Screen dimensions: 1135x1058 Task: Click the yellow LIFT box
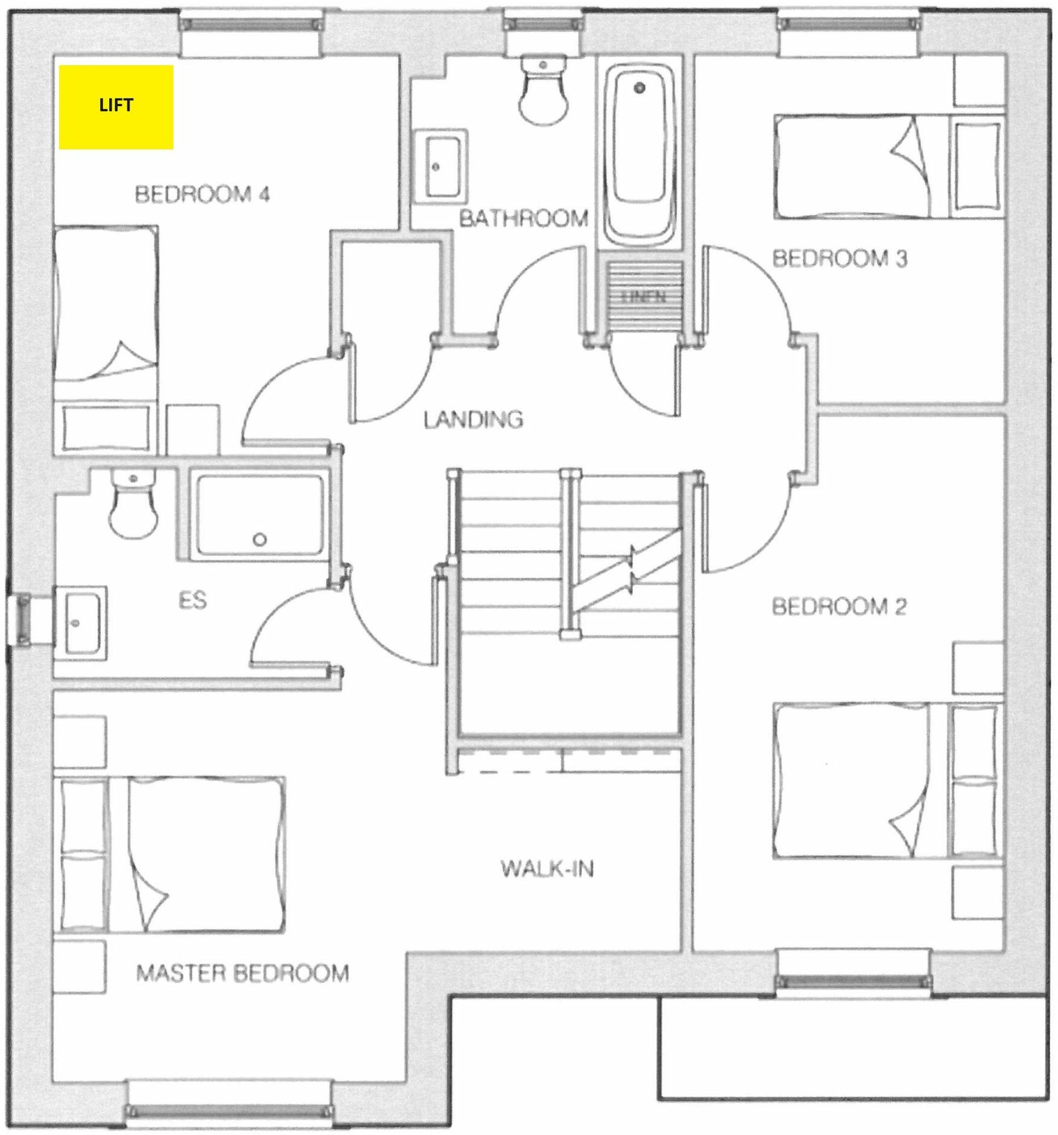[116, 106]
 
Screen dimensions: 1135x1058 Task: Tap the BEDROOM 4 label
[202, 194]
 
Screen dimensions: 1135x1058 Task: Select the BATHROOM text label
[524, 218]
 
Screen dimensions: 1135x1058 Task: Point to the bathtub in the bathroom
[640, 157]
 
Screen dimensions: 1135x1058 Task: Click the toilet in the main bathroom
[543, 91]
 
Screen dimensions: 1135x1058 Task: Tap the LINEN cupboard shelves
[644, 296]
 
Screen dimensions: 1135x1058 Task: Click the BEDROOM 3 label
[839, 258]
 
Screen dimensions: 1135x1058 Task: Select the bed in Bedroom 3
[858, 167]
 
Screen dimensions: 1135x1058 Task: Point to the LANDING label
[473, 419]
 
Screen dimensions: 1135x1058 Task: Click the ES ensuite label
[193, 600]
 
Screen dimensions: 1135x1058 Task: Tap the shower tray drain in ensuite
[260, 540]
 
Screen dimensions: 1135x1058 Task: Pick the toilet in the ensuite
[133, 506]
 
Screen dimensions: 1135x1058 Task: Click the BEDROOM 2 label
[839, 606]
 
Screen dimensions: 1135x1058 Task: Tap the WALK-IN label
[547, 869]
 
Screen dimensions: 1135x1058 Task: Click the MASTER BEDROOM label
[242, 973]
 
